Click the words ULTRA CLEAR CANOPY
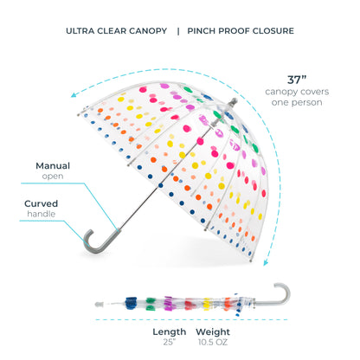point(116,31)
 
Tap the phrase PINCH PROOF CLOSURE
point(241,31)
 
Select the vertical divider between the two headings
point(178,31)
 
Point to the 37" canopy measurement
point(297,80)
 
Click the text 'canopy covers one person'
point(297,97)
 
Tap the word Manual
point(53,166)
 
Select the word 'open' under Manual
point(53,177)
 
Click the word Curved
point(41,203)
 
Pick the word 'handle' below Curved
point(42,214)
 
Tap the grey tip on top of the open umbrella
point(233,102)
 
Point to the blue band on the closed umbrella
point(131,303)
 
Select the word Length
point(170,332)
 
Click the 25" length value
point(170,342)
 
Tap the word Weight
point(213,332)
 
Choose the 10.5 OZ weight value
point(213,342)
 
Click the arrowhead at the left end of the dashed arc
point(74,94)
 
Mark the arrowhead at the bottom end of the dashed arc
point(266,262)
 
